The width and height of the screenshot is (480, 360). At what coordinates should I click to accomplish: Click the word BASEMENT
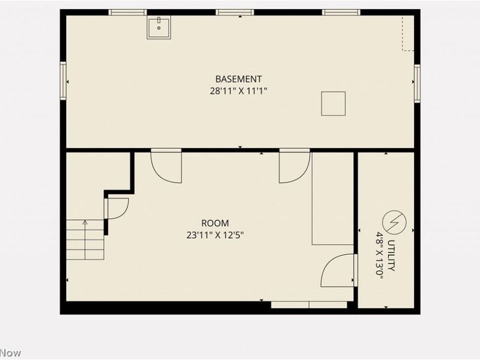(238, 79)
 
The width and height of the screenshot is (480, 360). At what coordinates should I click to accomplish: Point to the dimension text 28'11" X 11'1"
(238, 91)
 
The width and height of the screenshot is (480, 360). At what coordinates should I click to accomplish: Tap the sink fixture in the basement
(158, 28)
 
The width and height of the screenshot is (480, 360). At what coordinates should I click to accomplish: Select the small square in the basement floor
(333, 103)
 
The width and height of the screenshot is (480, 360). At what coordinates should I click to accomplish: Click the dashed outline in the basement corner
(408, 33)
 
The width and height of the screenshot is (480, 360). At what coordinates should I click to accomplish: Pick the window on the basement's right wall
(417, 83)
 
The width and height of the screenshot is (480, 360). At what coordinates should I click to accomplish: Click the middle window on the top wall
(235, 12)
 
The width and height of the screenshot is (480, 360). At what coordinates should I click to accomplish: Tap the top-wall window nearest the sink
(128, 12)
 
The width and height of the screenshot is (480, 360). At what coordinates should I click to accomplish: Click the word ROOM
(214, 223)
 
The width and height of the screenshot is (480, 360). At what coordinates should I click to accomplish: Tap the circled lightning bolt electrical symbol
(394, 223)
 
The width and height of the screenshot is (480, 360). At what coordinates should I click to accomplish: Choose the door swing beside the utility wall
(340, 270)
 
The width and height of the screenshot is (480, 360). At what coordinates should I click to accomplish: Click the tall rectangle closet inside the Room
(332, 199)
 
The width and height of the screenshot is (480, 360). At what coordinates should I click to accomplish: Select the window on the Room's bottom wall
(308, 305)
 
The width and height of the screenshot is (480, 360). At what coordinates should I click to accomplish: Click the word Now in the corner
(10, 353)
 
